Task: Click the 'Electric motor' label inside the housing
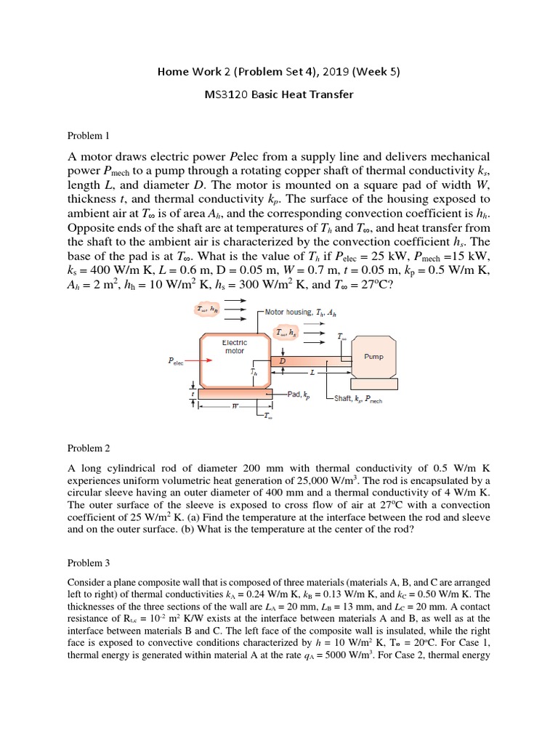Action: click(x=235, y=347)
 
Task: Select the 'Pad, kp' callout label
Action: click(x=299, y=395)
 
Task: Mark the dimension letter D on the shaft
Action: click(x=282, y=360)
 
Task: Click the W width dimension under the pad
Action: click(x=235, y=407)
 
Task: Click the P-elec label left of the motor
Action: click(x=174, y=360)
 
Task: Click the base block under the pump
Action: click(x=373, y=384)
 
